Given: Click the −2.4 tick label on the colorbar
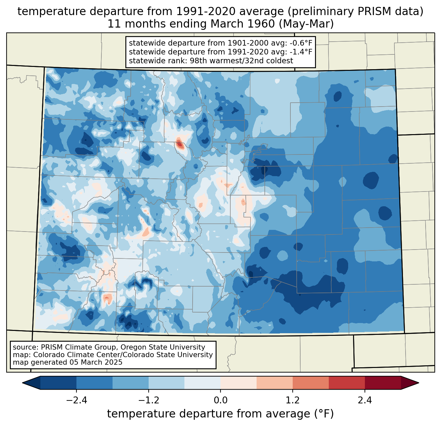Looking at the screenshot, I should (x=76, y=400).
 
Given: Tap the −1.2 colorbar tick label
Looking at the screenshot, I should (x=148, y=400).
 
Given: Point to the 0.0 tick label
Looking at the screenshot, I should (x=220, y=400).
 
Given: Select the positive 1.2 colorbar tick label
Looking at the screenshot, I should (x=292, y=400).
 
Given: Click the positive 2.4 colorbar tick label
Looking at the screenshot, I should (x=365, y=400).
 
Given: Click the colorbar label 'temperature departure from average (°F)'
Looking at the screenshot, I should (x=220, y=414).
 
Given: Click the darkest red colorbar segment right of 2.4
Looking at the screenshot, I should (x=383, y=383).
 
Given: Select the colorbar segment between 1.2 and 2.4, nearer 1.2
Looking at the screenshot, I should (x=310, y=383).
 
